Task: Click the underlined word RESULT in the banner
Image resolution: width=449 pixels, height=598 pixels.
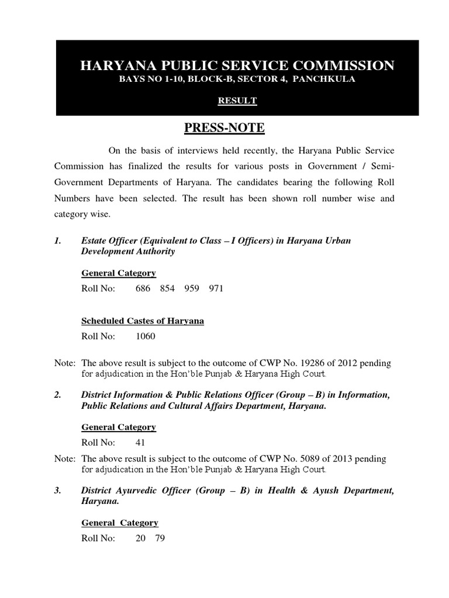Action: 237,100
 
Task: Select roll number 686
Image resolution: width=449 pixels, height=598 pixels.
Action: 143,288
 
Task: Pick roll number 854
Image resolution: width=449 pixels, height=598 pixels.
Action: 167,288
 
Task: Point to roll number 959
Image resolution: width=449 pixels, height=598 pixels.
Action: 192,288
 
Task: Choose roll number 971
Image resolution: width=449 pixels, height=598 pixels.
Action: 216,288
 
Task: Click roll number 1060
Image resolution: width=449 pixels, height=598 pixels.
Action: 146,336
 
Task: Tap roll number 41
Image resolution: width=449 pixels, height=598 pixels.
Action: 140,443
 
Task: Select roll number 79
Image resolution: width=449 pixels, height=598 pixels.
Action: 160,538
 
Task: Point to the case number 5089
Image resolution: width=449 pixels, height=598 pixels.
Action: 309,459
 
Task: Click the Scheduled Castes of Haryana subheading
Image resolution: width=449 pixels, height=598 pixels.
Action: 143,321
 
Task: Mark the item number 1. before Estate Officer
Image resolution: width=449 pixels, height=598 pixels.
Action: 58,241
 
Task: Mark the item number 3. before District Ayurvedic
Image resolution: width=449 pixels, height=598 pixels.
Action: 58,491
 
